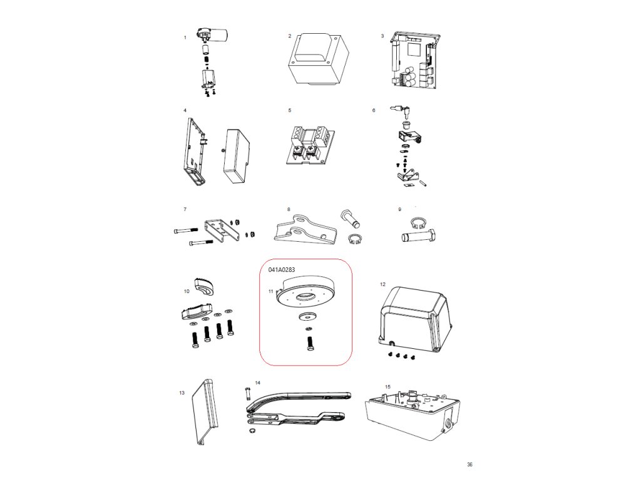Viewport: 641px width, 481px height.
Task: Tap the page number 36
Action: click(x=469, y=464)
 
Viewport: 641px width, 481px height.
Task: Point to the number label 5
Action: click(x=289, y=110)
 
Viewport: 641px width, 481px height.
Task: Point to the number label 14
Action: click(x=257, y=381)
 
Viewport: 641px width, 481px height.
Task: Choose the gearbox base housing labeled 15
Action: click(x=414, y=413)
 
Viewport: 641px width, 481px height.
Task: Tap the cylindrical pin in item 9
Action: click(x=416, y=237)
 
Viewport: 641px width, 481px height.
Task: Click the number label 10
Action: click(x=187, y=291)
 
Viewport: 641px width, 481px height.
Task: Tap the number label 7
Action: click(x=185, y=209)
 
